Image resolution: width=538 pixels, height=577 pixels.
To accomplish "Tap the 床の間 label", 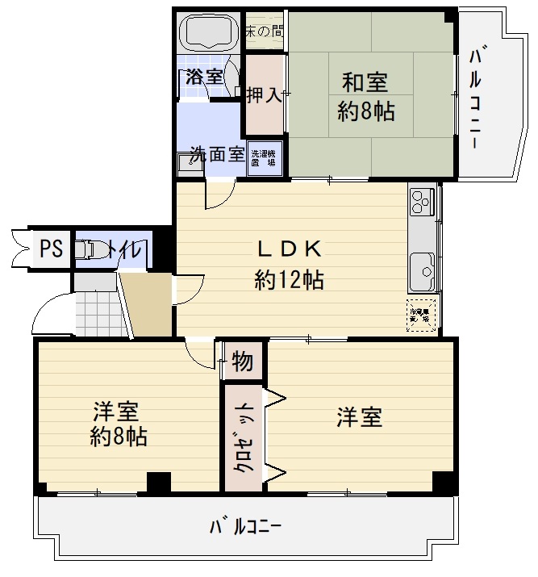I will pos(265,32).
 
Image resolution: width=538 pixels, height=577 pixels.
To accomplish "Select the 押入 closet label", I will pos(264,95).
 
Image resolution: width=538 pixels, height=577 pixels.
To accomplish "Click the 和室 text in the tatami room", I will pos(365,82).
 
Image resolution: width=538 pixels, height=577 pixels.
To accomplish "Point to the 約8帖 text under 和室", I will pos(365,112).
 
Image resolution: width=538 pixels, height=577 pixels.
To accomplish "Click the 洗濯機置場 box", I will pos(263,157).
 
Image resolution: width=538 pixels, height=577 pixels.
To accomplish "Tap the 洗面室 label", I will pos(217,153).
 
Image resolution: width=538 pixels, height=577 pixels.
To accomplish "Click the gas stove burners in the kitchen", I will pos(422,203).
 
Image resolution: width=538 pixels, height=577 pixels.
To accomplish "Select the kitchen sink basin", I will pos(421,271).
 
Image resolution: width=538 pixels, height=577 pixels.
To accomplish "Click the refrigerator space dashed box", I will pos(422,314).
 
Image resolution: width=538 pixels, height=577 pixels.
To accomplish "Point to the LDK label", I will pos(290,249).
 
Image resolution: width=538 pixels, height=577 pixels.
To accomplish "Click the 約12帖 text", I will pos(290,280).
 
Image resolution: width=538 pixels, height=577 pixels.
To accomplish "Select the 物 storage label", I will pos(242,362).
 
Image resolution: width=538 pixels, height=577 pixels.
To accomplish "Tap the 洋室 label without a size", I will pos(359,417).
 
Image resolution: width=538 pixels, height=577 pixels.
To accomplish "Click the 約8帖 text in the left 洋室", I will pos(118,437).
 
